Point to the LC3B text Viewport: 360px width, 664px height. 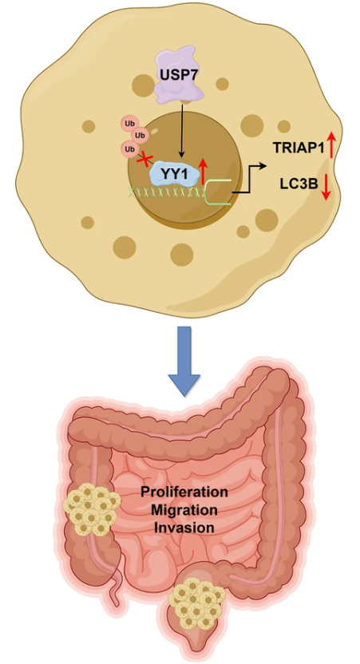[299, 184]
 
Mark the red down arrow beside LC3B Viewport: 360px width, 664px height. [325, 187]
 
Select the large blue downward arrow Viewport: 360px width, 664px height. [184, 361]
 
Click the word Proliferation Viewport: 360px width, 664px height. [184, 492]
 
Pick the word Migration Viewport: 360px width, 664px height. [184, 509]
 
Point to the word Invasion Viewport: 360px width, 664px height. [184, 528]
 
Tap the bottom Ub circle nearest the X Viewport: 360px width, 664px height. [129, 149]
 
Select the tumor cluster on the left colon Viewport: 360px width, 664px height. [91, 508]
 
